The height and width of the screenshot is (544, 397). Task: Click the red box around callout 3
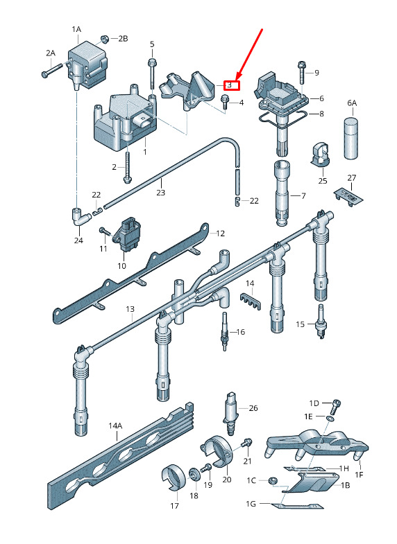[x=232, y=85]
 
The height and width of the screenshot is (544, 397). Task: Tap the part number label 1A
[x=76, y=30]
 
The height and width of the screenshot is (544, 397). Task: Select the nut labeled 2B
[x=104, y=39]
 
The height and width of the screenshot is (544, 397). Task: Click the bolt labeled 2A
[x=51, y=70]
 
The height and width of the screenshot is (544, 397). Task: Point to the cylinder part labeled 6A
[x=351, y=138]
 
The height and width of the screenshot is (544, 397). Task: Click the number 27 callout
[x=351, y=178]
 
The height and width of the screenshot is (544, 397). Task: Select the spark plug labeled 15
[x=321, y=322]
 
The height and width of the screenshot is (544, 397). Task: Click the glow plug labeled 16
[x=224, y=331]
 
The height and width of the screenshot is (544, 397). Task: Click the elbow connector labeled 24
[x=80, y=218]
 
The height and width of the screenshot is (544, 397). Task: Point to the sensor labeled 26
[x=230, y=413]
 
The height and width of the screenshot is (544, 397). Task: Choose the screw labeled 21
[x=246, y=444]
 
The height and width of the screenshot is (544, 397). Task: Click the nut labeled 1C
[x=272, y=481]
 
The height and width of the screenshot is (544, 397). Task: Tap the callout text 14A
[x=115, y=425]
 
